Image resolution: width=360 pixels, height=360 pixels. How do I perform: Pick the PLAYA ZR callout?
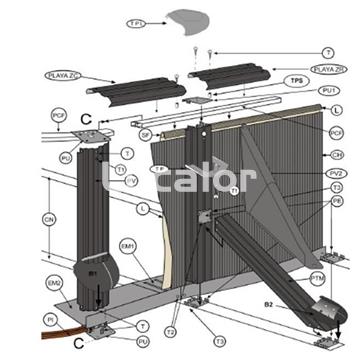(329, 69)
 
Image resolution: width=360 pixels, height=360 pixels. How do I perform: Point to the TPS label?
(296, 80)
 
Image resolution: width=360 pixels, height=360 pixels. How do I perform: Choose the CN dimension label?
(48, 219)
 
